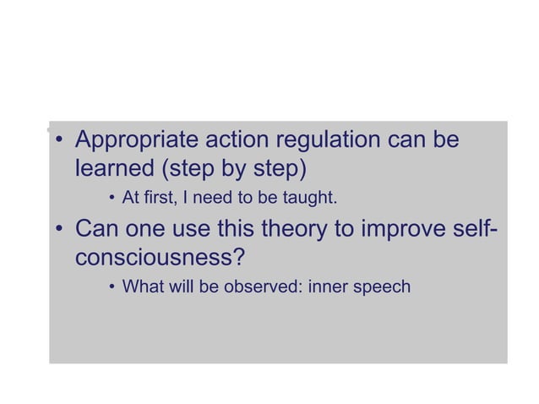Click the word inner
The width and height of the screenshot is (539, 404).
[x=328, y=287]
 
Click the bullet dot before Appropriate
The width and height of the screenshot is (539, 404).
[x=60, y=140]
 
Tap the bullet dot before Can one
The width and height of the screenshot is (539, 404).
[x=60, y=230]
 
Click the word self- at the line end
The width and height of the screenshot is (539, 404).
[x=470, y=229]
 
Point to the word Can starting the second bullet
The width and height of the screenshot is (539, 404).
[x=98, y=229]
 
